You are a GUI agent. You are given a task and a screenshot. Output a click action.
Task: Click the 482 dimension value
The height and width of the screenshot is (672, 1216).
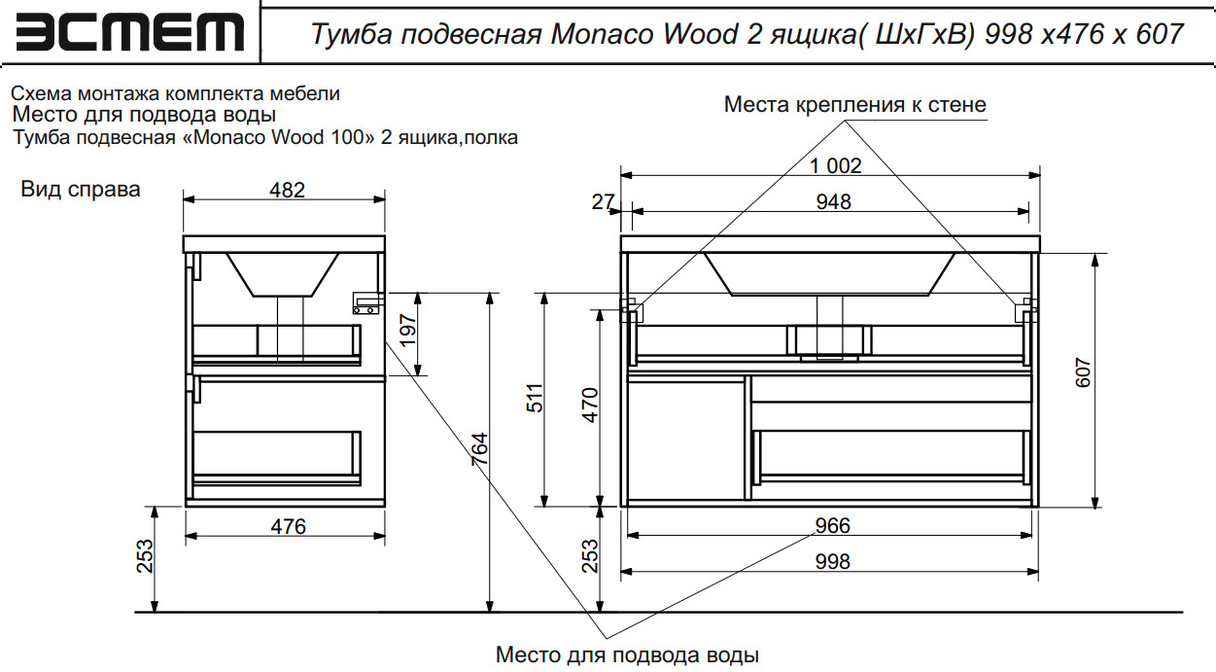tap(288, 190)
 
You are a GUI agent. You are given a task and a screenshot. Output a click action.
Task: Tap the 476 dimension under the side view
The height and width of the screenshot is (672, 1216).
tap(288, 526)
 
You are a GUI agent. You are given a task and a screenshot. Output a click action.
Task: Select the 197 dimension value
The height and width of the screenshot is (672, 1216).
tap(408, 333)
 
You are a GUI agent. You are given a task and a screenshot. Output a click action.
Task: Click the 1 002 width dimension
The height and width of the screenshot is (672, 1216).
tap(835, 166)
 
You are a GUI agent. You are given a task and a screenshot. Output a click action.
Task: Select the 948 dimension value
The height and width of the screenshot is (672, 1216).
tap(834, 201)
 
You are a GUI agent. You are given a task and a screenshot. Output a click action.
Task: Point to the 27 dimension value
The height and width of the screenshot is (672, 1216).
tap(603, 202)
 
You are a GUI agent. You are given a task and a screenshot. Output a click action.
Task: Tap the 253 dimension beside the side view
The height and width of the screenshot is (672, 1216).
tap(145, 557)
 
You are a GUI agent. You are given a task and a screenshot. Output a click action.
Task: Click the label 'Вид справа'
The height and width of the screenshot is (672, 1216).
tap(81, 190)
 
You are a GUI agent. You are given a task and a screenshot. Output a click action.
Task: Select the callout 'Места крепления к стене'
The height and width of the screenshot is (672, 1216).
tap(854, 105)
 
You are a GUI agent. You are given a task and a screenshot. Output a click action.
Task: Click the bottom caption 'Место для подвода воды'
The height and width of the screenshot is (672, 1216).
tap(626, 654)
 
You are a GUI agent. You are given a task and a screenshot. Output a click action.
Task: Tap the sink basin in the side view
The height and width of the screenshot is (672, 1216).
tap(282, 273)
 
